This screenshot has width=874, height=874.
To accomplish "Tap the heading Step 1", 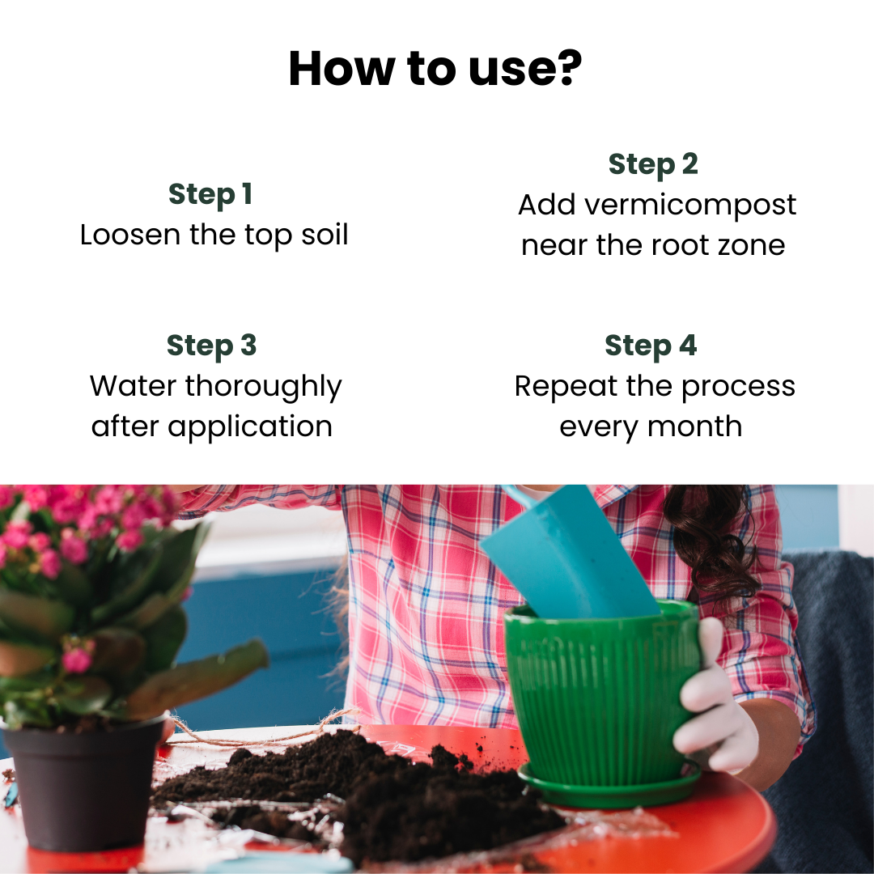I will pyautogui.click(x=210, y=194).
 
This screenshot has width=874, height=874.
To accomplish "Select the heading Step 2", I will pyautogui.click(x=652, y=164).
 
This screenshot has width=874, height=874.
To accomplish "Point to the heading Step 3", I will pyautogui.click(x=211, y=346).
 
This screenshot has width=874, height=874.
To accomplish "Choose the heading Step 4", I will pyautogui.click(x=651, y=346).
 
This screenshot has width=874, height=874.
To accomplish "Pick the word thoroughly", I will pyautogui.click(x=264, y=388).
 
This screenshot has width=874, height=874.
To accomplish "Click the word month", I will pyautogui.click(x=698, y=426).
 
